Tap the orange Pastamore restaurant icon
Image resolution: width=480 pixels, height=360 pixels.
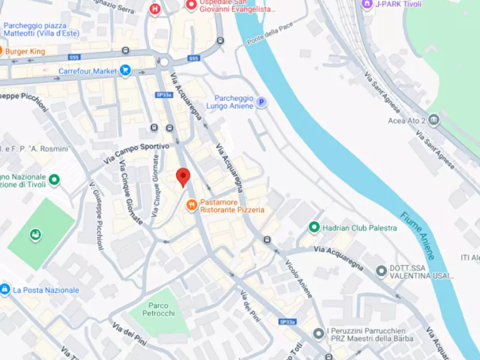point(191,205)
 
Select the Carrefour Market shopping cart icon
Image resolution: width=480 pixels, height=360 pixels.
point(125,70)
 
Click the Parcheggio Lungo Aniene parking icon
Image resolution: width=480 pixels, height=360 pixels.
point(261,102)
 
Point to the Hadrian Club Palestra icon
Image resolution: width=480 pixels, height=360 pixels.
point(314,228)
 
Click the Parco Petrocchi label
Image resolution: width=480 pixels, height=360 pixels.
point(159,309)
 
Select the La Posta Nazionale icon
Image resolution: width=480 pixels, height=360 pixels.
point(5,290)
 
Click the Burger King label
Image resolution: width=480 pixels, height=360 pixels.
point(25,52)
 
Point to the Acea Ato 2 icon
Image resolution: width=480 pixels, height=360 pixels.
point(434,120)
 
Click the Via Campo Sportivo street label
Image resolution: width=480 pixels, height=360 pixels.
point(137,153)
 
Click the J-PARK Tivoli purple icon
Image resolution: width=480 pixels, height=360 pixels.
point(367,4)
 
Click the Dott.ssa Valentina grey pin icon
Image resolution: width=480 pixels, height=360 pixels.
point(382,270)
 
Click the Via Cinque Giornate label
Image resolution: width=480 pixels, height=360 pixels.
point(131,192)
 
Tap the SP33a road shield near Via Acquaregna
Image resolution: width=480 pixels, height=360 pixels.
point(164,95)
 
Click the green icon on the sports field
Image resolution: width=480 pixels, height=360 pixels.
point(35,235)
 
